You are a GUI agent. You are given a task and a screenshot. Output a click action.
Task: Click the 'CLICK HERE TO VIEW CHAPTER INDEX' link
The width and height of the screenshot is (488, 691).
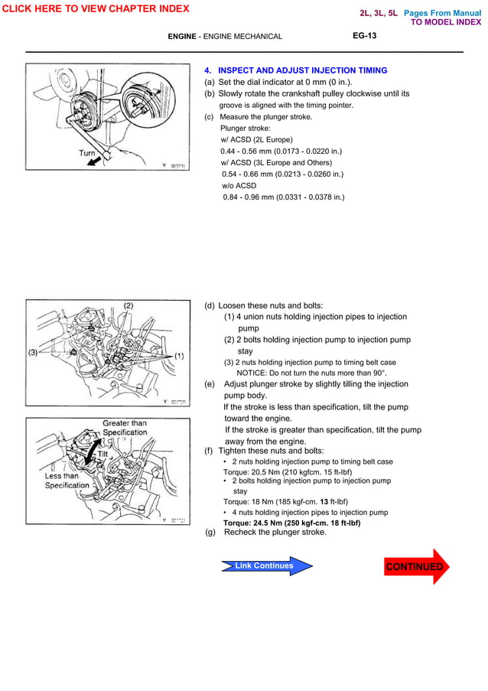click(x=95, y=8)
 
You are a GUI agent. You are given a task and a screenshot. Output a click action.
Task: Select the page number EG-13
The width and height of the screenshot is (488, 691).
click(x=364, y=36)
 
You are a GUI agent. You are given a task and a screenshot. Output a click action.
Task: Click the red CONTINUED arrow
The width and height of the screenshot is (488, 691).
click(x=416, y=566)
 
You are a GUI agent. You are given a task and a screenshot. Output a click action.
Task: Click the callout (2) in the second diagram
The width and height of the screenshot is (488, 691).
click(x=129, y=305)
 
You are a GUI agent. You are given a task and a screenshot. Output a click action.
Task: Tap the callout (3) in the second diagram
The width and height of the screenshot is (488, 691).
click(x=34, y=353)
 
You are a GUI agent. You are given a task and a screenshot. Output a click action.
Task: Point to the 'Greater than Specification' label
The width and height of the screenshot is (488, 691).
click(x=125, y=428)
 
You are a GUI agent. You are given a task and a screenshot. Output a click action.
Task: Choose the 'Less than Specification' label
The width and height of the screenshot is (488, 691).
click(x=67, y=481)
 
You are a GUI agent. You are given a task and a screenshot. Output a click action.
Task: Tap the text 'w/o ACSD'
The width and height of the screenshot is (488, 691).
click(x=239, y=186)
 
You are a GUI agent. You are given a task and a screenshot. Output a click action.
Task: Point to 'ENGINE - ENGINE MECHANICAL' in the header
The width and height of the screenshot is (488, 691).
click(x=225, y=37)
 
